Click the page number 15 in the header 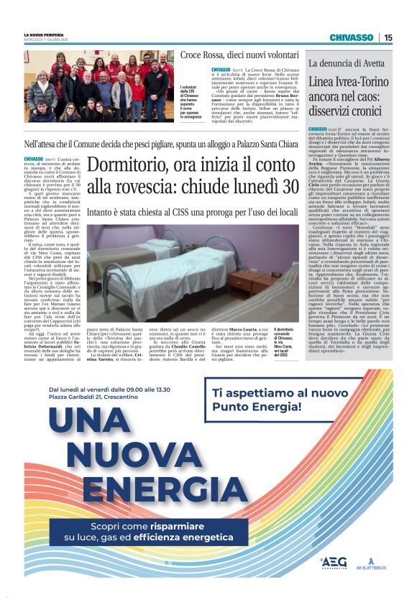pyautogui.click(x=388, y=37)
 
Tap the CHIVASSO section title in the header pyautogui.click(x=352, y=37)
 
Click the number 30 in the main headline pyautogui.click(x=289, y=187)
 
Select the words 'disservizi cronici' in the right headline pyautogui.click(x=345, y=111)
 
